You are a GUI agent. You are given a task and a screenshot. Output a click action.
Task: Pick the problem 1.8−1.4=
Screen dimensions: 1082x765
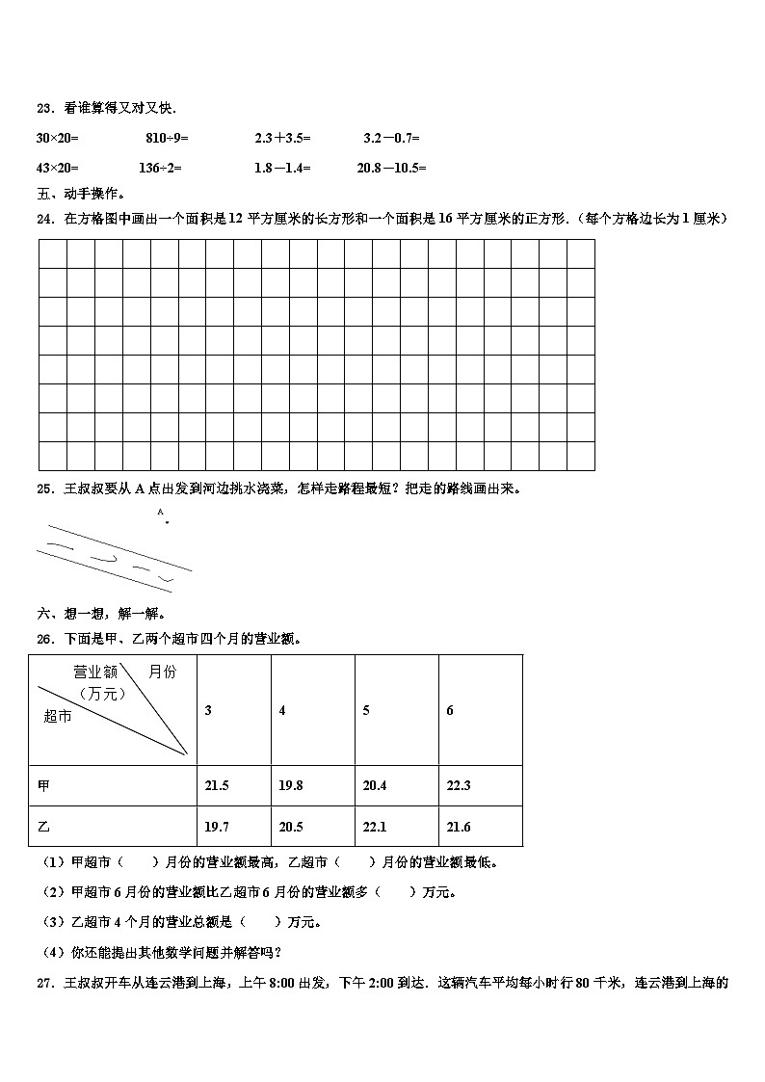[282, 168]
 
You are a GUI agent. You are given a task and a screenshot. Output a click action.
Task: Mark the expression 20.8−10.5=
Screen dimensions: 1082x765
[391, 168]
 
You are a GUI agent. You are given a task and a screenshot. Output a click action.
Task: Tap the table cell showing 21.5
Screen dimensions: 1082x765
[217, 786]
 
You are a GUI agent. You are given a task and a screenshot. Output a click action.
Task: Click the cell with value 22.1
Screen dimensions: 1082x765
[374, 827]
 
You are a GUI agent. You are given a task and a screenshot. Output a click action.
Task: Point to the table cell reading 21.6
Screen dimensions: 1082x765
[458, 827]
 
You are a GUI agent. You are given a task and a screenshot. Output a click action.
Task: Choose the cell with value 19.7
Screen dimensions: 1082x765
[217, 827]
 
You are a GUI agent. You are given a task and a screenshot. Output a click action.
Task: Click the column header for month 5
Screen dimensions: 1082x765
[366, 711]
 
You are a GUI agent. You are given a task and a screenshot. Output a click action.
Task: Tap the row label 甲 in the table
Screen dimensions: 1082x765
[43, 786]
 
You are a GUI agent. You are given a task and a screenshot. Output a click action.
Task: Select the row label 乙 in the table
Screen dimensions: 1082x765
[43, 827]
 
